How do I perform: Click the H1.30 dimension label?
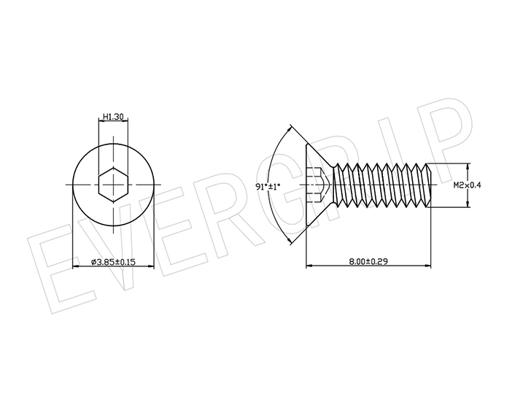[x=113, y=117]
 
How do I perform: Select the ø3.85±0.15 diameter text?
[x=113, y=261]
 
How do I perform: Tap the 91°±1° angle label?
[x=268, y=186]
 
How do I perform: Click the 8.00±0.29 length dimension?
[x=368, y=261]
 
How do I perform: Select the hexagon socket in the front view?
[x=114, y=185]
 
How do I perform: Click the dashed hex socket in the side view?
[x=317, y=185]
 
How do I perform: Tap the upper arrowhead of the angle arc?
[x=289, y=129]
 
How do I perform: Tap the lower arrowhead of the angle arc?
[x=289, y=241]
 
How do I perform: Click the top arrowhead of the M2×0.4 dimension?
[x=468, y=166]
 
